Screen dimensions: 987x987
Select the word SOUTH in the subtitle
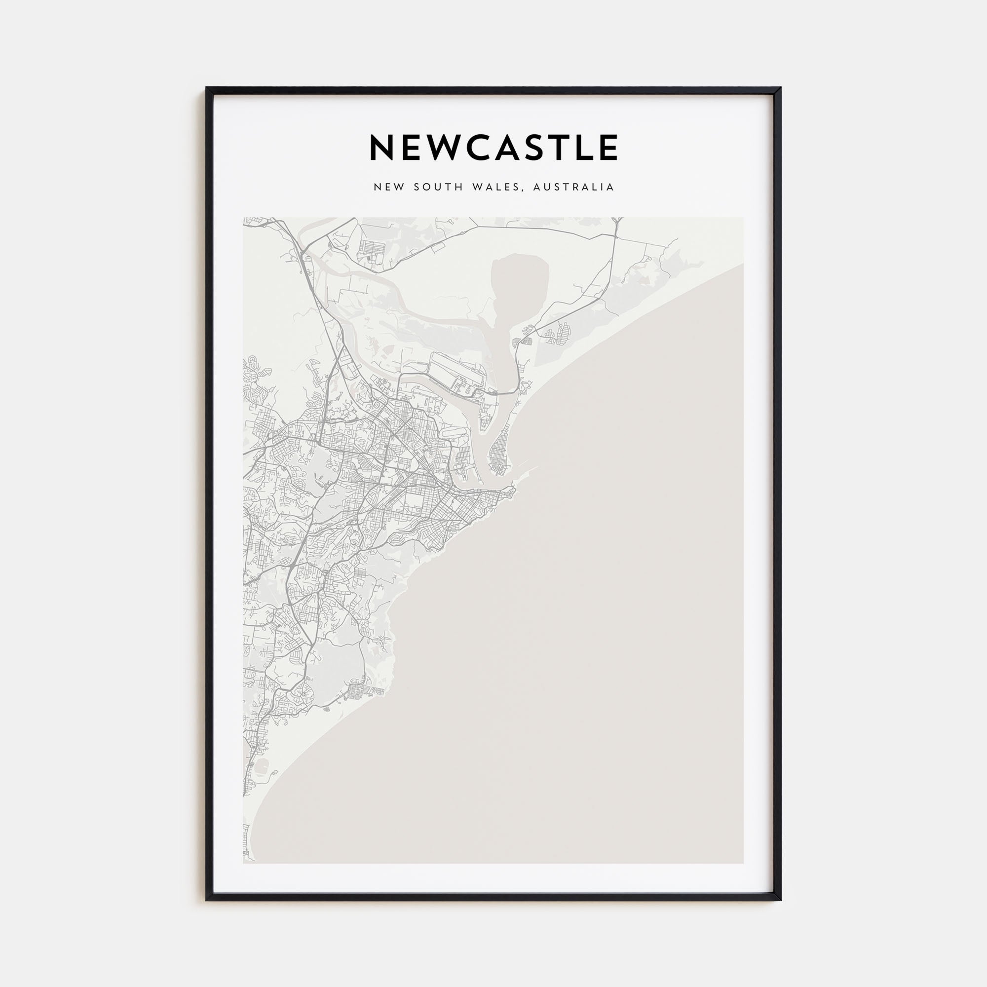437,188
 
